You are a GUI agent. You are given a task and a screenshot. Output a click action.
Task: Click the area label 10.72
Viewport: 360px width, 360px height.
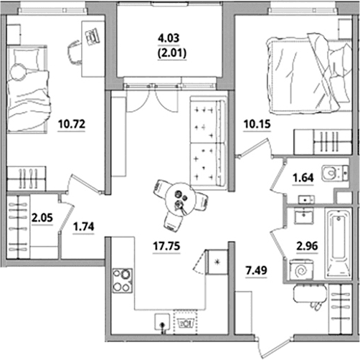(x=72, y=124)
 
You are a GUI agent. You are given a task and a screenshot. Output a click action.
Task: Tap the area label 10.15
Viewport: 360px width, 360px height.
(x=257, y=124)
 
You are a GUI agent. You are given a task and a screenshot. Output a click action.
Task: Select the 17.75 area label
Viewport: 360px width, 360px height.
(x=166, y=246)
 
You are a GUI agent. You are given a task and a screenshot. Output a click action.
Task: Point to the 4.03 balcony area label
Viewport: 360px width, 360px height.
(x=169, y=38)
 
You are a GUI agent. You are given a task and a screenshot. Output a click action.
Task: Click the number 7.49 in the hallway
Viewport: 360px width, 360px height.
(x=256, y=270)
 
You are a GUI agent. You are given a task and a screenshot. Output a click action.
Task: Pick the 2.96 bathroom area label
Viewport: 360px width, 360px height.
(x=307, y=246)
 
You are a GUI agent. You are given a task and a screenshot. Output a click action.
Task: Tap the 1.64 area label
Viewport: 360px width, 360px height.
(x=303, y=178)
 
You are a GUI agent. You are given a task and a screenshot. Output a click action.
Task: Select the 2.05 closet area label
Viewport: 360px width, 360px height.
(x=42, y=218)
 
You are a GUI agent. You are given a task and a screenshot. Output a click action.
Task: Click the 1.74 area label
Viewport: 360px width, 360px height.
(x=84, y=227)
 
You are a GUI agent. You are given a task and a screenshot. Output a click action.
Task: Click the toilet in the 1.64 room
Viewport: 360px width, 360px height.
(x=335, y=173)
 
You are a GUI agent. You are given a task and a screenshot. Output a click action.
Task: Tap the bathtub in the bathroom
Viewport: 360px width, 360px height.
(x=338, y=244)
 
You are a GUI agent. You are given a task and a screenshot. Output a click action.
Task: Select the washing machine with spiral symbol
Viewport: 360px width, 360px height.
(x=300, y=270)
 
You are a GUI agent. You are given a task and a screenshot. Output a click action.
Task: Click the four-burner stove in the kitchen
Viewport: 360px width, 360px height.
(x=123, y=281)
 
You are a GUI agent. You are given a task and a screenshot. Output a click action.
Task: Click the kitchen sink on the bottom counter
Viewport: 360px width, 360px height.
(x=162, y=322)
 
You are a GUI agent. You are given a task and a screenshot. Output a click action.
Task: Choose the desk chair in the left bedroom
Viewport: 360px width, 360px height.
(x=75, y=52)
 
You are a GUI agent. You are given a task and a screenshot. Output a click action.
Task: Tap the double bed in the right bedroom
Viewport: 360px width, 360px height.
(x=310, y=73)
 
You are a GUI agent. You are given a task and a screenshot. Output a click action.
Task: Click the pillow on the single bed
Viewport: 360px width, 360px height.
(x=27, y=58)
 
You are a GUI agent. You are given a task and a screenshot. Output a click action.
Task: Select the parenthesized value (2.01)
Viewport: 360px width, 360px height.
(x=171, y=53)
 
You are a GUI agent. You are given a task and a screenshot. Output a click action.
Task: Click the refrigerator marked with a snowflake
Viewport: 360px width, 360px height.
(x=217, y=262)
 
